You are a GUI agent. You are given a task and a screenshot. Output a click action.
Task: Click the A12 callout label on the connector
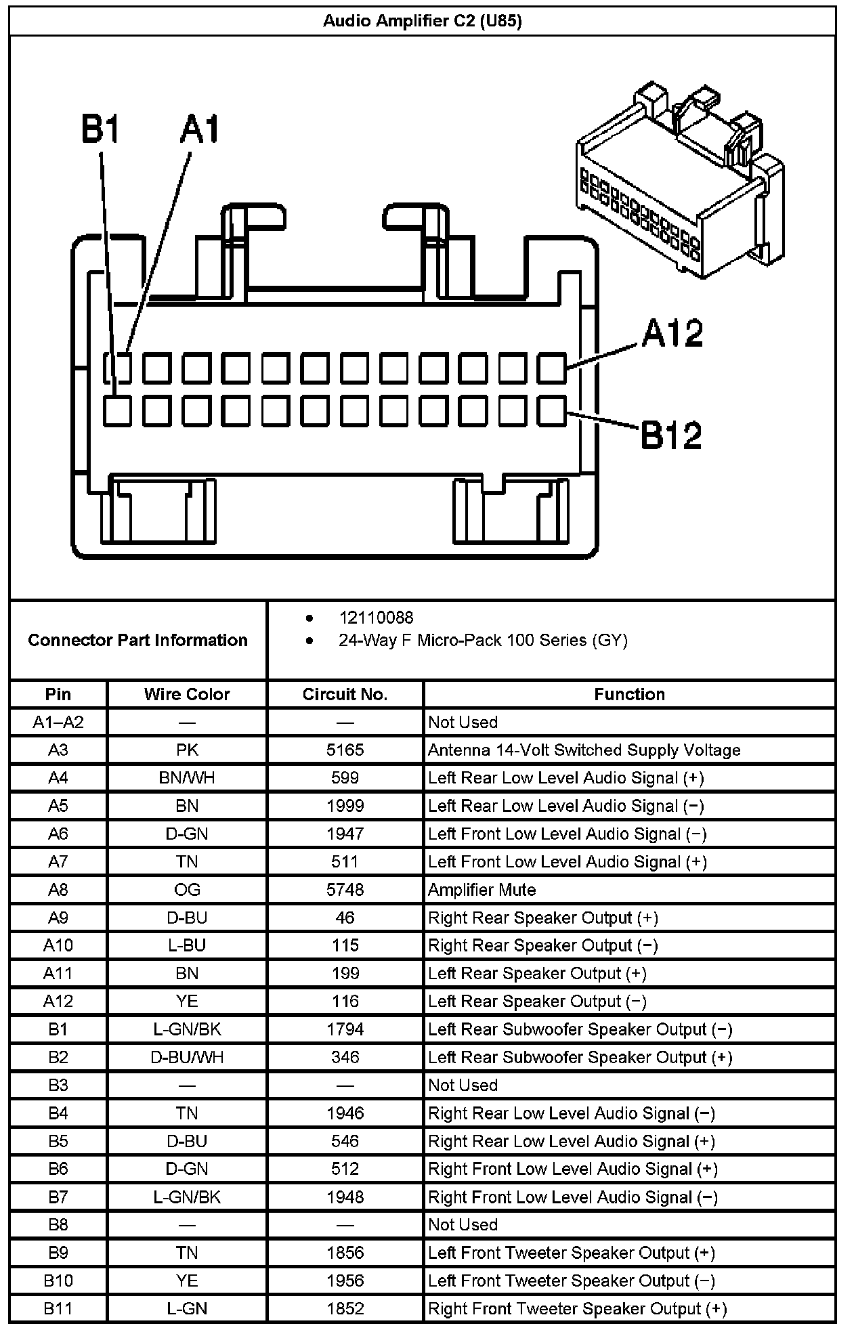coord(672,333)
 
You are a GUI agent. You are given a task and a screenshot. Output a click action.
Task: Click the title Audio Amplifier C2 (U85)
coord(423,21)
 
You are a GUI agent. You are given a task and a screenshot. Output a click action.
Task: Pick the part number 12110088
coord(376,618)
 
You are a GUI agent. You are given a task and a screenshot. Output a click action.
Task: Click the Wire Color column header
coord(187,694)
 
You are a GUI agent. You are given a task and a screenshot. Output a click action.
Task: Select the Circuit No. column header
coord(345,694)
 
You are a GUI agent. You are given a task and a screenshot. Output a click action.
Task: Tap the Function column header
coord(629,694)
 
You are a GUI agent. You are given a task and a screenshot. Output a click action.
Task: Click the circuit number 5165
coord(345,750)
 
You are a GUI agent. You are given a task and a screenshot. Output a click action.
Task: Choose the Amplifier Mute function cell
coord(481,890)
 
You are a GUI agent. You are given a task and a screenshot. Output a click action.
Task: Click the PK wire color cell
coord(187,750)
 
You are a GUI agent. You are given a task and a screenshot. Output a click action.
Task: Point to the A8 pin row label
coord(58,890)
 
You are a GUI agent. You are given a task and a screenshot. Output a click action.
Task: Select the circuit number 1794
coord(345,1029)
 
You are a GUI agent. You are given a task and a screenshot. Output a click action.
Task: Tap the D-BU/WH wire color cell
coord(187,1057)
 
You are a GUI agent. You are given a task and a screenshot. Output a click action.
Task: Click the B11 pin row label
coord(58,1309)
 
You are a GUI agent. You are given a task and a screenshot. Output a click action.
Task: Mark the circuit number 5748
coord(345,890)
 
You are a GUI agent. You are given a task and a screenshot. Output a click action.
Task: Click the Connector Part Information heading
coord(137,640)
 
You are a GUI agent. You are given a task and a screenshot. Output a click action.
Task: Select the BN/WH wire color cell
coord(187,778)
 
